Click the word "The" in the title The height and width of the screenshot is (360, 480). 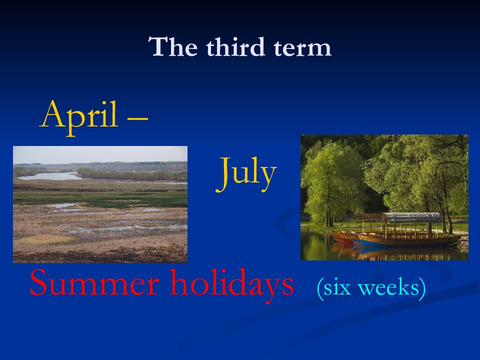pos(173,46)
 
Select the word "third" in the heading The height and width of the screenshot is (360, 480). pos(235,46)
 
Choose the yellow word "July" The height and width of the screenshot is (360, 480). pos(246,173)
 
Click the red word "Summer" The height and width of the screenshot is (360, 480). pos(94,282)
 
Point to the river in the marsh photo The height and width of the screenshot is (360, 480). pos(49,176)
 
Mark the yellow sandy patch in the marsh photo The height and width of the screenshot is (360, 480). pos(46,239)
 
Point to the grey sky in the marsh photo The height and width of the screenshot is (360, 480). pos(100,154)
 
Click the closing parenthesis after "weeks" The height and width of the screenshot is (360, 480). pos(422,288)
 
